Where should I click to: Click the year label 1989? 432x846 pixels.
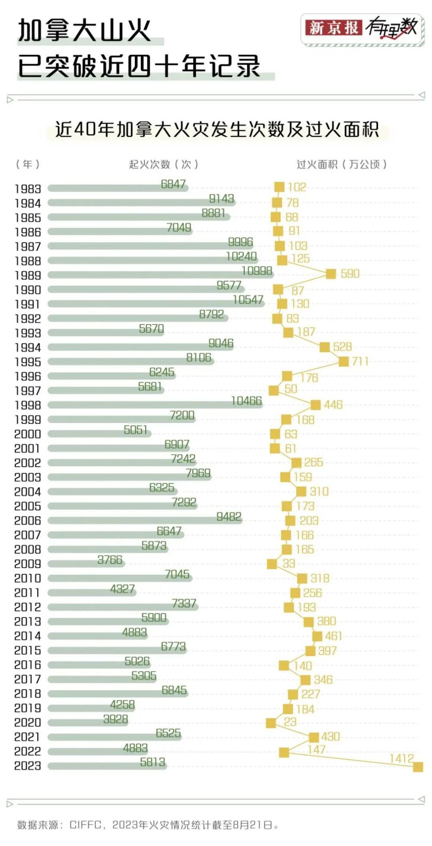click(28, 276)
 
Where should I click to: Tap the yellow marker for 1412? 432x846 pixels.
click(418, 767)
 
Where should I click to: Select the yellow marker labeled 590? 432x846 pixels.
click(330, 274)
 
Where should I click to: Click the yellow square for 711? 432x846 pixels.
click(343, 361)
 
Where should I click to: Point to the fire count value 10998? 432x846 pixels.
click(257, 271)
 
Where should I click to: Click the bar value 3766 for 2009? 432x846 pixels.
click(110, 560)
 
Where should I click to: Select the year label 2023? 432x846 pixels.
click(28, 766)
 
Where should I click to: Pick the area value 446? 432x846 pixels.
click(333, 405)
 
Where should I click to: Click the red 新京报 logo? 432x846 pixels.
click(333, 28)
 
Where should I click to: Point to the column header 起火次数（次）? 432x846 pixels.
click(163, 164)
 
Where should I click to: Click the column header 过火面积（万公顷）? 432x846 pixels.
click(341, 164)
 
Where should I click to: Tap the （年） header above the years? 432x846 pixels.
click(28, 164)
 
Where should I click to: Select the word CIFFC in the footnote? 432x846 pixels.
click(86, 825)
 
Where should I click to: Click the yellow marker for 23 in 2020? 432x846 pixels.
click(271, 723)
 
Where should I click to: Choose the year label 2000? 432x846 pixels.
click(28, 434)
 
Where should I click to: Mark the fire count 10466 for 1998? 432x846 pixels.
click(246, 401)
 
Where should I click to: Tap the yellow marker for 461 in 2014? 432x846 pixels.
click(317, 636)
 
